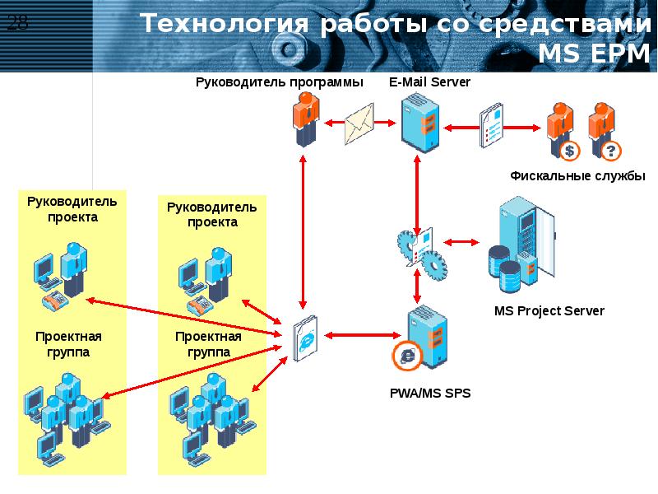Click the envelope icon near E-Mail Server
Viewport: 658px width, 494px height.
(x=359, y=123)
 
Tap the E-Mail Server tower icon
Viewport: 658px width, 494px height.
(x=419, y=122)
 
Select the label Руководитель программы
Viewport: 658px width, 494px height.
(x=279, y=82)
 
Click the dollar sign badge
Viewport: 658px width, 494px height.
(x=569, y=151)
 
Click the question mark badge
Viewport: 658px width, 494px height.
(x=609, y=151)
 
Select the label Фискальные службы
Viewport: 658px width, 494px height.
(x=577, y=176)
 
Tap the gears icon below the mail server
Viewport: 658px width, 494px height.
(x=420, y=248)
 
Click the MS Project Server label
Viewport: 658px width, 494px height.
(x=549, y=310)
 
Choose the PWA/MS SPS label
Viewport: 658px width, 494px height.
(x=430, y=394)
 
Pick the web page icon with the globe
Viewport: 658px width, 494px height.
(x=304, y=338)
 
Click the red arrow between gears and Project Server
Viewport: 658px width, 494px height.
(x=463, y=242)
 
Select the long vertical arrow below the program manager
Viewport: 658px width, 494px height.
(x=304, y=231)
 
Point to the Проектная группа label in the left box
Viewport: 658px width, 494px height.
(x=68, y=344)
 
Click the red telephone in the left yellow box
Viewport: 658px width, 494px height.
(x=55, y=301)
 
